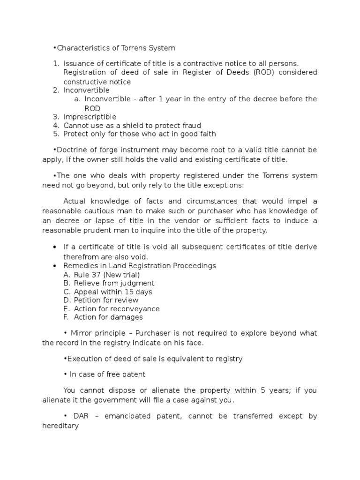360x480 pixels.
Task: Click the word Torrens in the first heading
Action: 135,48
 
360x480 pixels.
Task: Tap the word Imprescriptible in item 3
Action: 90,117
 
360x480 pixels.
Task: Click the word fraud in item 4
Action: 191,125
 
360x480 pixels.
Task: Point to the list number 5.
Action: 55,134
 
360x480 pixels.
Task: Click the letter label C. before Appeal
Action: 66,292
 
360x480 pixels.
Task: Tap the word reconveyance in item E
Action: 138,309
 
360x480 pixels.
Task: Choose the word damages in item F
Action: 127,317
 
